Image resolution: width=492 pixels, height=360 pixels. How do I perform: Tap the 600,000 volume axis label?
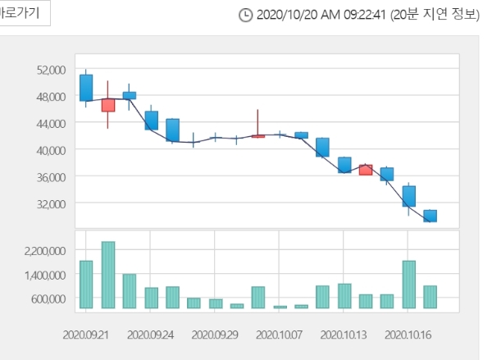[46, 298]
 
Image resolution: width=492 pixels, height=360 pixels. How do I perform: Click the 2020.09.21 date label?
[85, 335]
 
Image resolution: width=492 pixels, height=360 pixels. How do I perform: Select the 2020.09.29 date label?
[215, 335]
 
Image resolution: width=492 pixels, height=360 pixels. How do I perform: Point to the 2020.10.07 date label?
[279, 335]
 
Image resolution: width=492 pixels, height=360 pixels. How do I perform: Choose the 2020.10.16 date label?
[408, 335]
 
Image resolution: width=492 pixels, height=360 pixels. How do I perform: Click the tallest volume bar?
[107, 275]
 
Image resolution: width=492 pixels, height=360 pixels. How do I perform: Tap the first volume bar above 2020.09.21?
[86, 285]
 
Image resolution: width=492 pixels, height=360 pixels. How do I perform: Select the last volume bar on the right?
[430, 297]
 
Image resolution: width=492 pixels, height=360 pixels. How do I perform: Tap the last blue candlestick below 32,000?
[430, 216]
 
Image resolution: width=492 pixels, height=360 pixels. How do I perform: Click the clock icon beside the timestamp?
[245, 15]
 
